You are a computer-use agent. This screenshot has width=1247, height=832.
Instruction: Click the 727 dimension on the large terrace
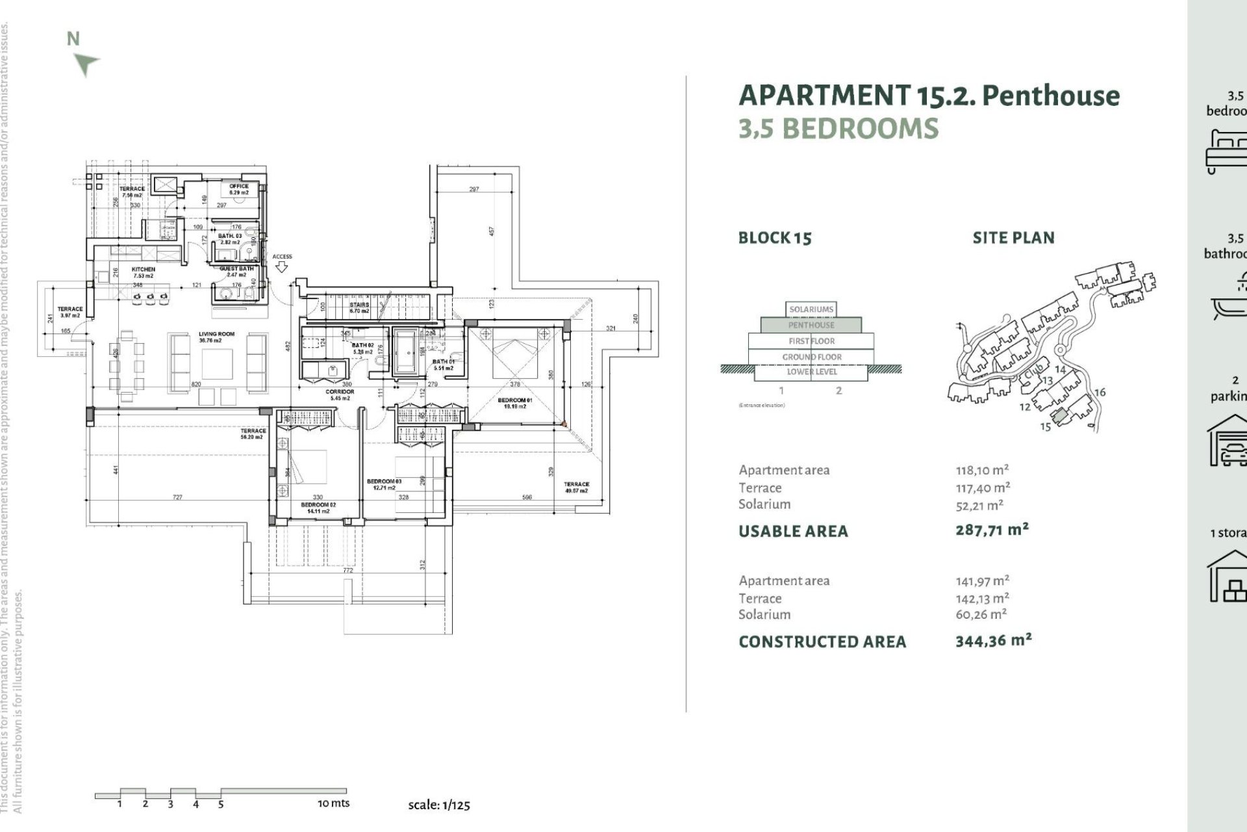point(177,497)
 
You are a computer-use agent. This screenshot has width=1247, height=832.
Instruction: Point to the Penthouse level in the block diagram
point(811,325)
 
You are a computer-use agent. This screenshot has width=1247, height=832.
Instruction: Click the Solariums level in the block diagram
point(811,309)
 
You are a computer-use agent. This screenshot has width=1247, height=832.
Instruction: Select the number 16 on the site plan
point(1100,392)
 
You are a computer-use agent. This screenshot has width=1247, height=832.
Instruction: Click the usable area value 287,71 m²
point(992,530)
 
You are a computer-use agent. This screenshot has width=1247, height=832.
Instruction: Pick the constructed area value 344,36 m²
point(993,641)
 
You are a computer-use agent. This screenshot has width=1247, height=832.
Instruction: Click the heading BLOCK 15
point(775,238)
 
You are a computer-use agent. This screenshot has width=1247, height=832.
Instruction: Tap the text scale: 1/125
point(439,805)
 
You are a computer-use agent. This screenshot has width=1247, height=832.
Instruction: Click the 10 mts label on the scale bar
point(333,803)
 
